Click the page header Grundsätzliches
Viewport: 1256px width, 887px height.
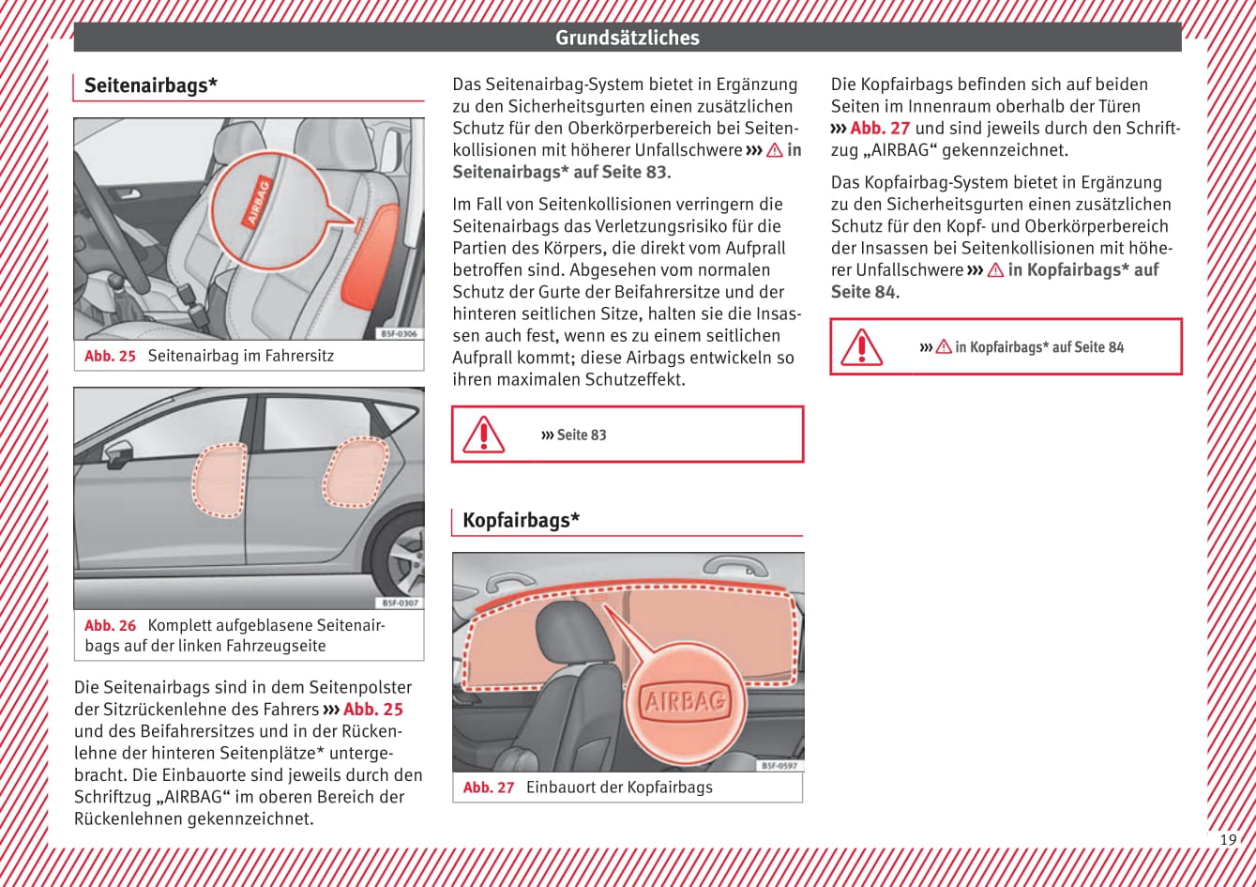pos(627,38)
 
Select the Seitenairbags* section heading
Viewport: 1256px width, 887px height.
pos(151,85)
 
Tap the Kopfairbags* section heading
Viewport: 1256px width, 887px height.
pos(521,520)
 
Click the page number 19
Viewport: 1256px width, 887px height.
pos(1228,839)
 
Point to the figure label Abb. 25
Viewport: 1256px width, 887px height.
pos(110,356)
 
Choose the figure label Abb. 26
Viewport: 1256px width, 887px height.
pos(110,625)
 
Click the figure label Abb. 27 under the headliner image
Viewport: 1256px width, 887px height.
pos(489,788)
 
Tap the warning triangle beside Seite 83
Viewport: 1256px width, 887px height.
pos(484,435)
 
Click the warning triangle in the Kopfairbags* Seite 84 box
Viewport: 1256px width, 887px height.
pos(861,347)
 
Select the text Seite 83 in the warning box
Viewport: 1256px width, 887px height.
pos(581,435)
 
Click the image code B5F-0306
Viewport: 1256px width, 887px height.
pos(400,333)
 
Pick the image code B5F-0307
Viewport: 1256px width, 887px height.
pos(400,603)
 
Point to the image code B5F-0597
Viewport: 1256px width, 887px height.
pos(779,766)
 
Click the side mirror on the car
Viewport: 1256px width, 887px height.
pos(117,455)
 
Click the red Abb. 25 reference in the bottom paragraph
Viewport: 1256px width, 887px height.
pos(372,710)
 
